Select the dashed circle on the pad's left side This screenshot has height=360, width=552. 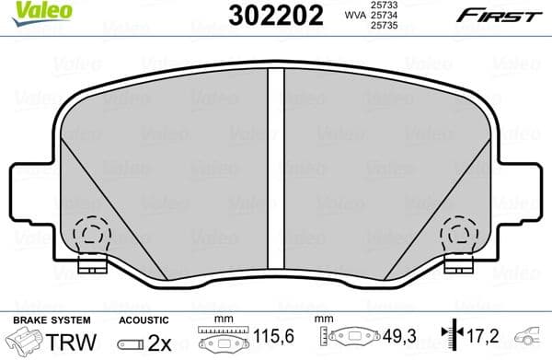tap(90, 236)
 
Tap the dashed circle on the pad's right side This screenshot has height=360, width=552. tap(458, 236)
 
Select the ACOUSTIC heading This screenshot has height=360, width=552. tap(144, 320)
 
